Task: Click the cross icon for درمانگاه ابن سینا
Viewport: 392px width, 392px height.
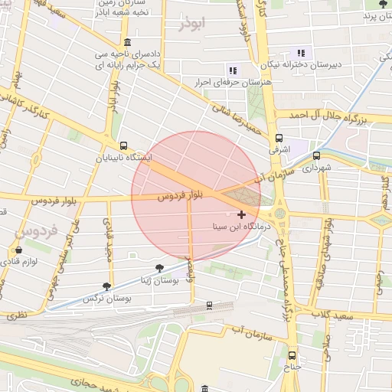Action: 242,214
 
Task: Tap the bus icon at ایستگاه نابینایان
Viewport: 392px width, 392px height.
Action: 123,145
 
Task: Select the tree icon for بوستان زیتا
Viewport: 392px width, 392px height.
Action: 158,268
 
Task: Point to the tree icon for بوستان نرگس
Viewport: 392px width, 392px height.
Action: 106,286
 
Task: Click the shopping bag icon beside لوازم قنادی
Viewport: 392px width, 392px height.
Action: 18,250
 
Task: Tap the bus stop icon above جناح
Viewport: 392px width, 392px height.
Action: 292,355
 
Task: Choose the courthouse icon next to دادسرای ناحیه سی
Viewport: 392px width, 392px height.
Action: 126,42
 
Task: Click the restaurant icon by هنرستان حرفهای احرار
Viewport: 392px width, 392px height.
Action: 233,70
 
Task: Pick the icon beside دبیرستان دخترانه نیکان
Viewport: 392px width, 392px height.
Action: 301,53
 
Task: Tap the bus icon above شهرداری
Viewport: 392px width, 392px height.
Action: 315,153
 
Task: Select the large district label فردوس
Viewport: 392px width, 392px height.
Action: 31,231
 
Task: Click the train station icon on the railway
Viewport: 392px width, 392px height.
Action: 209,306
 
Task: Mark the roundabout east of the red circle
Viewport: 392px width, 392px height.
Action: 280,212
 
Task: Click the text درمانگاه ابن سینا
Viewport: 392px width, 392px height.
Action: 241,228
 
